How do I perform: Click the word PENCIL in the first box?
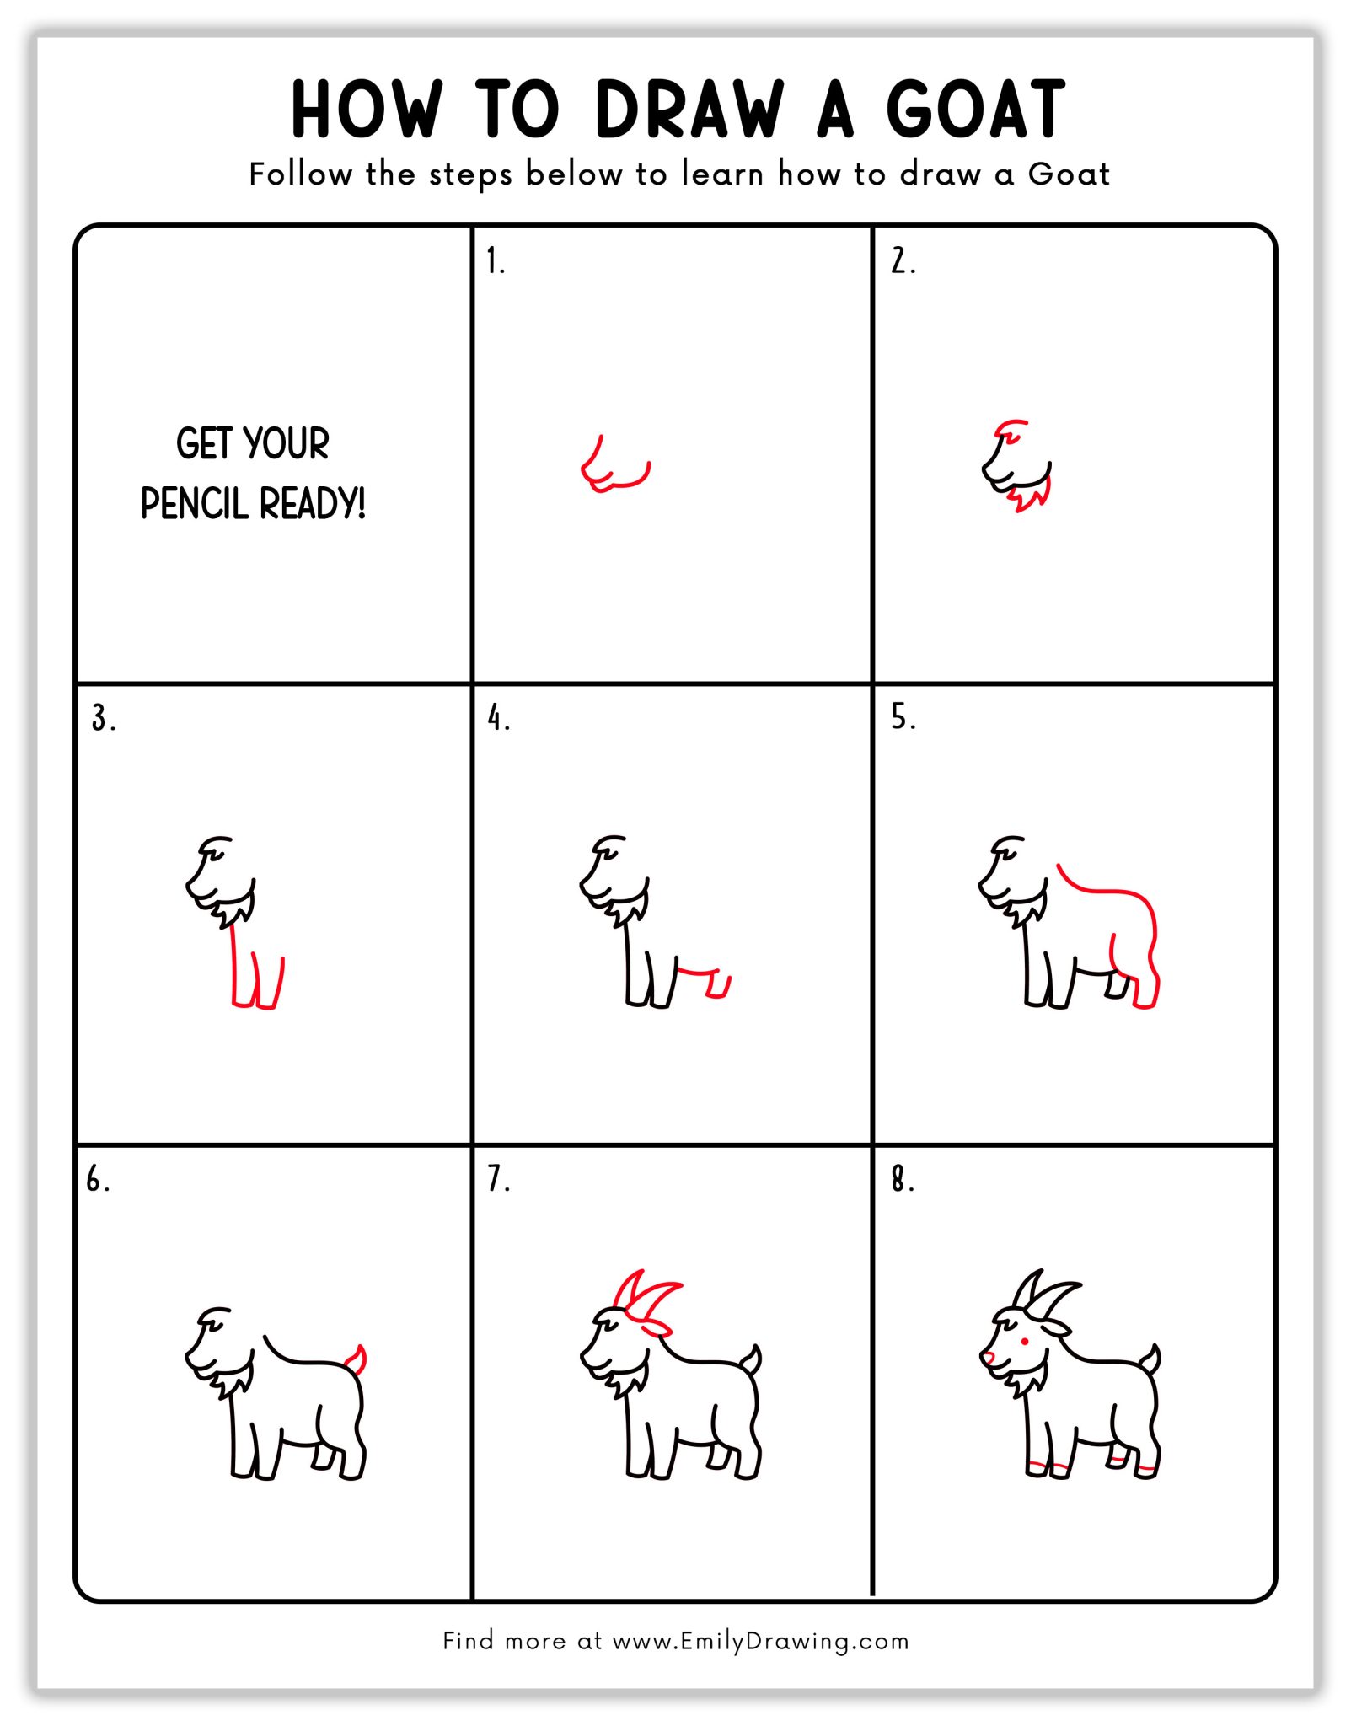pyautogui.click(x=196, y=504)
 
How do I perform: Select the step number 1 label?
pyautogui.click(x=495, y=262)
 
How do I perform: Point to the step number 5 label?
pyautogui.click(x=902, y=717)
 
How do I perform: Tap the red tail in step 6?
pyautogui.click(x=358, y=1359)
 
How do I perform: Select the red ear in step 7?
pyautogui.click(x=656, y=1328)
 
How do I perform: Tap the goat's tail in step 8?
pyautogui.click(x=1151, y=1359)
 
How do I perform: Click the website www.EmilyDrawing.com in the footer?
pyautogui.click(x=760, y=1641)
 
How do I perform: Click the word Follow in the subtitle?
pyautogui.click(x=300, y=174)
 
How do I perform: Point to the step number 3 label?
pyautogui.click(x=102, y=719)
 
